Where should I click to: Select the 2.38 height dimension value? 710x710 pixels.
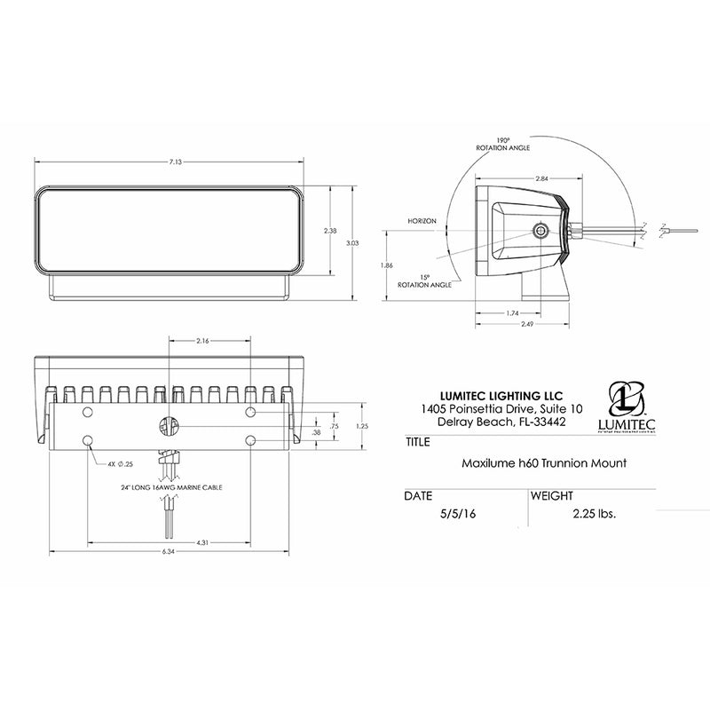330,231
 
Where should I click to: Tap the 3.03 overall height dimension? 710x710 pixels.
352,242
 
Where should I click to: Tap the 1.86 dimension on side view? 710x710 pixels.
385,265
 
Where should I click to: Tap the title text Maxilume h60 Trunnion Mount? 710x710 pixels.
532,462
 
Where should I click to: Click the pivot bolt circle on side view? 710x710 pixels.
540,232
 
